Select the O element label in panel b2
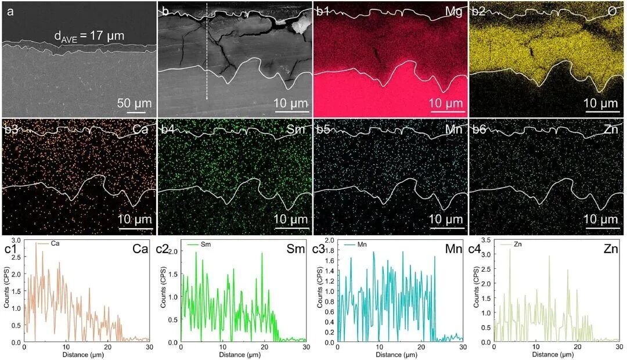(x=612, y=11)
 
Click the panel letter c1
(x=12, y=250)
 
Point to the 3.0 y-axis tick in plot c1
(x=16, y=240)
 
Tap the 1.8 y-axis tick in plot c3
(x=329, y=251)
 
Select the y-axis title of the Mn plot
(x=320, y=290)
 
